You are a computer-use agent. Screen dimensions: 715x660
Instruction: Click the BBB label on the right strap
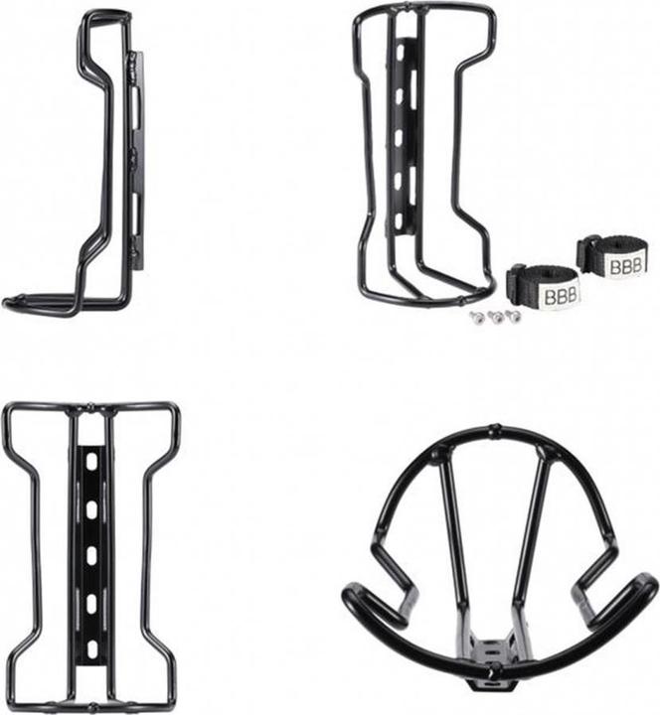pyautogui.click(x=626, y=266)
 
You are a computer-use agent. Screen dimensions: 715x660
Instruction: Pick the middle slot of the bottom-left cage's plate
pyautogui.click(x=91, y=557)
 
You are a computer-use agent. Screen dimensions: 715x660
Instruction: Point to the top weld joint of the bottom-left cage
pyautogui.click(x=91, y=407)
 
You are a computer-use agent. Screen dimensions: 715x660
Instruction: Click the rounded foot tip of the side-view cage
pyautogui.click(x=12, y=302)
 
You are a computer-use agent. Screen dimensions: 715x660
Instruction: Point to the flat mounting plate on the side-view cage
pyautogui.click(x=137, y=159)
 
